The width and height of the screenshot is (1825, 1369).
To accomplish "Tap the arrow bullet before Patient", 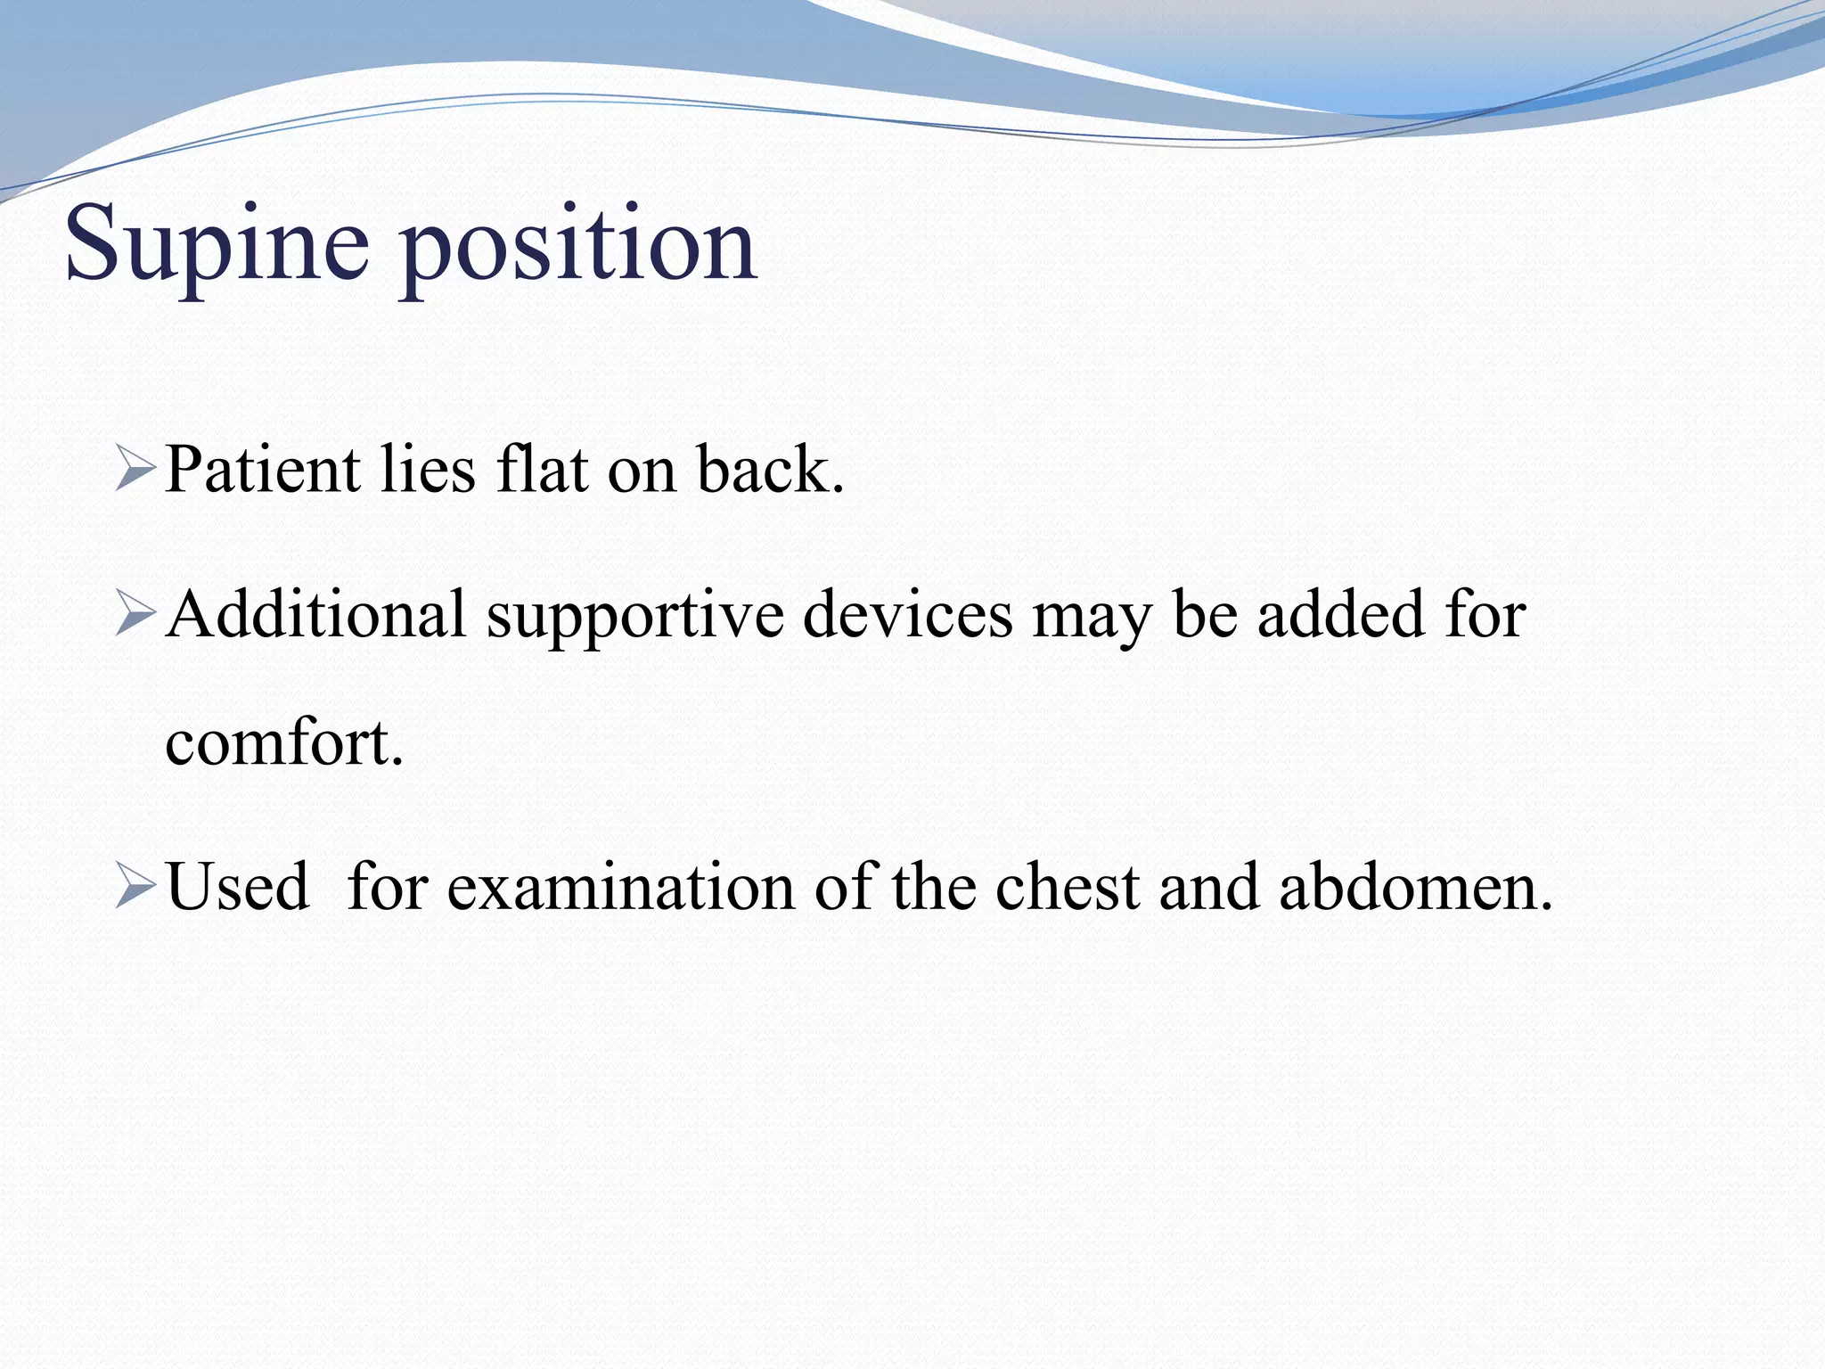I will [x=135, y=470].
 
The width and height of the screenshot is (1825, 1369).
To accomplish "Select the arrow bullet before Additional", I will [x=135, y=616].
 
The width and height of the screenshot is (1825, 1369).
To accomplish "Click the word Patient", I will [x=263, y=470].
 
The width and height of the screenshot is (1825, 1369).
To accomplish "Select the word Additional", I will [x=316, y=616].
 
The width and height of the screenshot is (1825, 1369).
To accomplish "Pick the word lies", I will [x=427, y=470].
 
